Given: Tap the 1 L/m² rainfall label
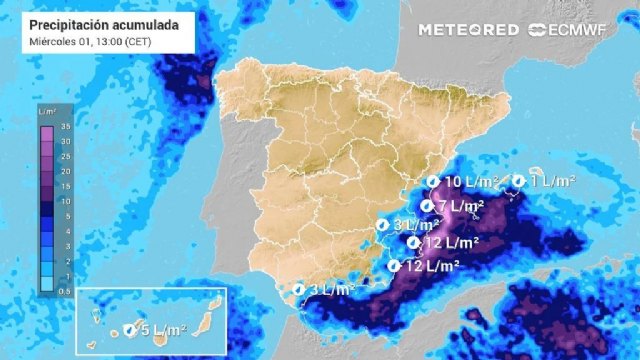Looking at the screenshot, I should [553, 181].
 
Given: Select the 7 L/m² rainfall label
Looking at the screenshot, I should [461, 206].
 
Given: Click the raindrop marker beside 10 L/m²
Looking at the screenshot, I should [432, 182].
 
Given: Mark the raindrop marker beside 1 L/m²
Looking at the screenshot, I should [519, 181].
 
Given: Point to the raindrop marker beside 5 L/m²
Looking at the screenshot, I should [129, 329].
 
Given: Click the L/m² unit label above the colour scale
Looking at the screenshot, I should [46, 111].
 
